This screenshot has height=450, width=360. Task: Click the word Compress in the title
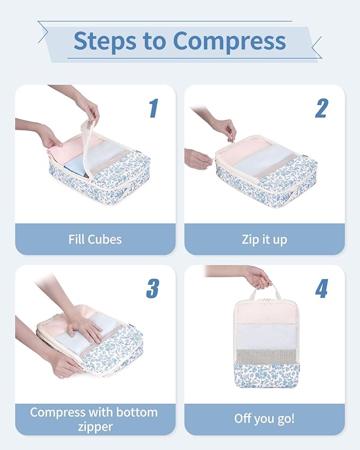229,41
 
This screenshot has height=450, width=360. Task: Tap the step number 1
153,108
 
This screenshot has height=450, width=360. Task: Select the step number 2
322,108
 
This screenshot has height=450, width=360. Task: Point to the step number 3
153,288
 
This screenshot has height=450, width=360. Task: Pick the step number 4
322,288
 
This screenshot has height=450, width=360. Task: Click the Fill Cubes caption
95,239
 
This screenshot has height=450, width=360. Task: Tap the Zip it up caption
264,239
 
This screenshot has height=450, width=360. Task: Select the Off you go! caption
264,419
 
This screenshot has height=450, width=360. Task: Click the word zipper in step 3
95,426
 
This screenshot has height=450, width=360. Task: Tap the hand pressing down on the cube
85,328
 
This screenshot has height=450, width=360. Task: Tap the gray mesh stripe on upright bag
265,357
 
